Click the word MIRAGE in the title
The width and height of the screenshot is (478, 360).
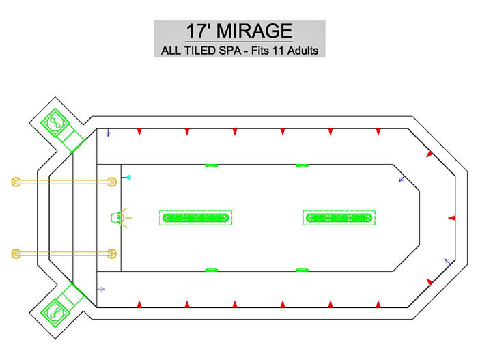click(254, 31)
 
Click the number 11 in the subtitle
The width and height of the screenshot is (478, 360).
click(278, 51)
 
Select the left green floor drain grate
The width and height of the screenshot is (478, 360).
click(196, 218)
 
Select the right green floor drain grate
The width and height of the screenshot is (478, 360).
click(339, 218)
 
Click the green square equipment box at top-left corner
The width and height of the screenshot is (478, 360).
click(55, 123)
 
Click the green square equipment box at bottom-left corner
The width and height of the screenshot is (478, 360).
click(55, 313)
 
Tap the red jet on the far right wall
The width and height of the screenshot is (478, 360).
click(452, 218)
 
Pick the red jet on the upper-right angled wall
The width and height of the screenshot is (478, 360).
click(430, 154)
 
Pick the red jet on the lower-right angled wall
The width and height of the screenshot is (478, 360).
click(430, 281)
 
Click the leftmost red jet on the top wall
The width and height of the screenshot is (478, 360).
click(139, 131)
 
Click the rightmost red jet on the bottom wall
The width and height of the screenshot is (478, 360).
click(378, 304)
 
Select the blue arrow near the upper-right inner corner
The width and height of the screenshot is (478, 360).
click(402, 179)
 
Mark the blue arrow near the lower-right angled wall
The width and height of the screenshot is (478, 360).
click(447, 261)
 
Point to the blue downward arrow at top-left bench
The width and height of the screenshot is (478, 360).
click(108, 133)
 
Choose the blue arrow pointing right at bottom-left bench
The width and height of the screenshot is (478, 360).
click(101, 289)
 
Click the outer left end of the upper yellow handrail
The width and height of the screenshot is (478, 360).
click(16, 182)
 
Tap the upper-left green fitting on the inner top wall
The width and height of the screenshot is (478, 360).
click(211, 166)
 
